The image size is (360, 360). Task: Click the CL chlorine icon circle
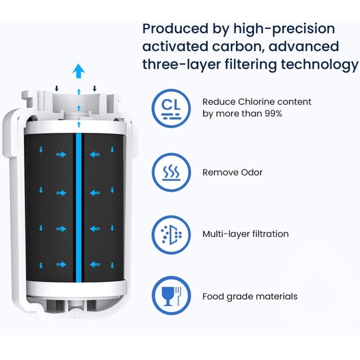click(x=172, y=108)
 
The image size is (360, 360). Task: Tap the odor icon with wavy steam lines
click(x=172, y=172)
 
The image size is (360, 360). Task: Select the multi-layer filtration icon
click(x=172, y=234)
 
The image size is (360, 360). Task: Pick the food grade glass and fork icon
click(x=172, y=296)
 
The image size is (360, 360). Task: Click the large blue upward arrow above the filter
click(x=78, y=71)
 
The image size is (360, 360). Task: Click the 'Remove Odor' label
click(x=232, y=173)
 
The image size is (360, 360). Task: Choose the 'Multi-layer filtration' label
click(x=245, y=234)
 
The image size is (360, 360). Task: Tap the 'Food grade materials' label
click(x=250, y=296)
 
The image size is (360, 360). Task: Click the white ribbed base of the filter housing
click(x=74, y=305)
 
